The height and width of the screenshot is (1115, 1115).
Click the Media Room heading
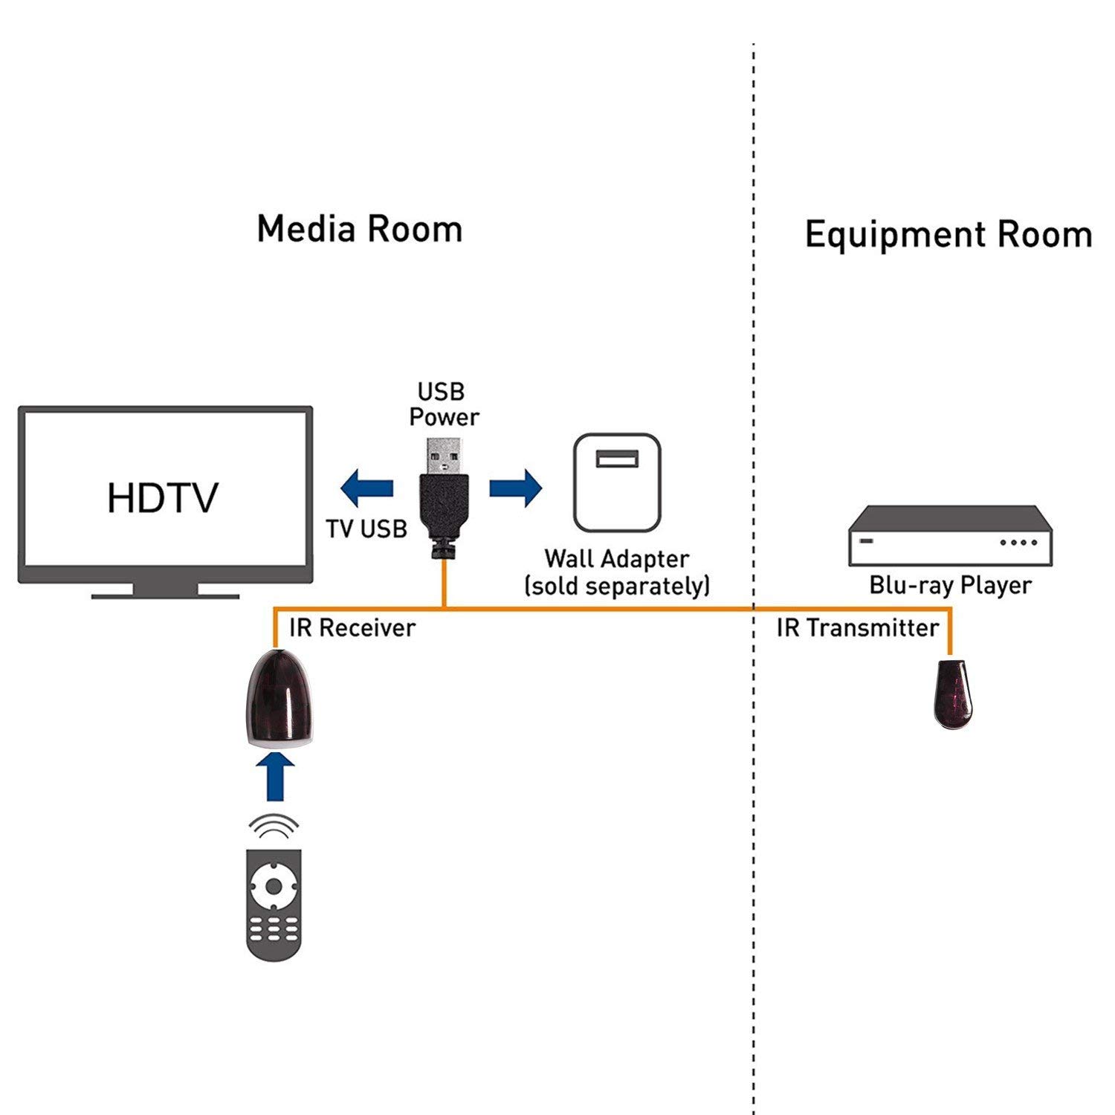click(360, 228)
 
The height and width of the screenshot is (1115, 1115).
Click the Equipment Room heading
click(948, 235)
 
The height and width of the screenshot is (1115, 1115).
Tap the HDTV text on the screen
click(163, 498)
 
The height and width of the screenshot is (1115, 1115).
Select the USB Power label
click(444, 404)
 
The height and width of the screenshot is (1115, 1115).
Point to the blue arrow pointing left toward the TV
click(366, 488)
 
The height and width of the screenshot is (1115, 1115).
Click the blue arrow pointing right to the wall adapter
click(516, 488)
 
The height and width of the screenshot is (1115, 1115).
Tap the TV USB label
click(366, 529)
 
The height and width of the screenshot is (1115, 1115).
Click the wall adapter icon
click(617, 482)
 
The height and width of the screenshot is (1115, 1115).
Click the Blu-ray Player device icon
click(951, 536)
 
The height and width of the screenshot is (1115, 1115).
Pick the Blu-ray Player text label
click(950, 586)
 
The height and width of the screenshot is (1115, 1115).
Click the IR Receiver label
click(352, 628)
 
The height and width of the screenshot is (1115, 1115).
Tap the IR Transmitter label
click(858, 628)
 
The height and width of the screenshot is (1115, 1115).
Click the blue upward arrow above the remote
click(275, 776)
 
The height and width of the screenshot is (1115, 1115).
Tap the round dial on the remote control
click(274, 886)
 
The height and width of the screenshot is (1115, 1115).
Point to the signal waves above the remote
click(274, 826)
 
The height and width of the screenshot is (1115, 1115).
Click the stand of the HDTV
click(165, 592)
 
